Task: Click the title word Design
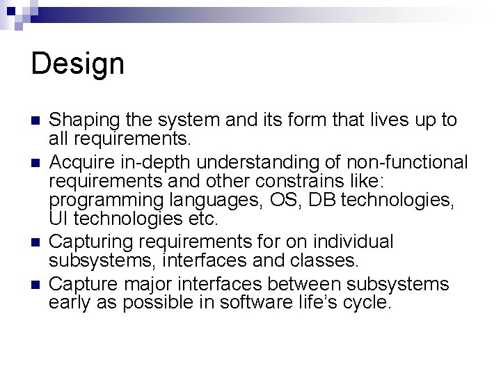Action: (x=78, y=65)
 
